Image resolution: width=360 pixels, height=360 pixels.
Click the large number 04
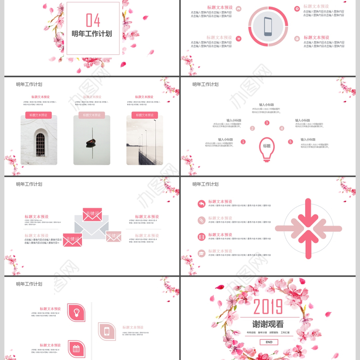(93, 20)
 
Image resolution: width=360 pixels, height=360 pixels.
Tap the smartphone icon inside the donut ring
(268, 26)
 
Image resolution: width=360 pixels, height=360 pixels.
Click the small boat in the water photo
(92, 143)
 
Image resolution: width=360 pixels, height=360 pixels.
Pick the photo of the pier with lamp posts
(144, 141)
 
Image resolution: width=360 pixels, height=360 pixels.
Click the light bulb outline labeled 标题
(267, 148)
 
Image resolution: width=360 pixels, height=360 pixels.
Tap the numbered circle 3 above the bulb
(267, 123)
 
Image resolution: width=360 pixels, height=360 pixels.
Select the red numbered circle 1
(243, 142)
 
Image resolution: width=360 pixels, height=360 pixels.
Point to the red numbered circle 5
(290, 142)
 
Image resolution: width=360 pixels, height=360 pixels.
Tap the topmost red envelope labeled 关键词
(92, 214)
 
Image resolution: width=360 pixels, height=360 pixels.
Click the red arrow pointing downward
(308, 211)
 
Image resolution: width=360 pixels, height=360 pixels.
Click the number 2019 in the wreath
(268, 307)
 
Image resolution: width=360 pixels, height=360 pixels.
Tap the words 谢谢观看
(268, 323)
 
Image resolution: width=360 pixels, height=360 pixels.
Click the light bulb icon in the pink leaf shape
(76, 312)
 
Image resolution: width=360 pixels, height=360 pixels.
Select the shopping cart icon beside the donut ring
(238, 39)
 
